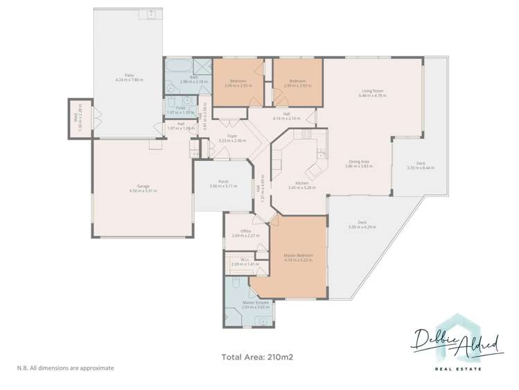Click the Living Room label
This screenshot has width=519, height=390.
click(373, 91)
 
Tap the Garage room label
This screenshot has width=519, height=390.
click(143, 186)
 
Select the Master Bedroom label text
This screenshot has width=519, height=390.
click(299, 255)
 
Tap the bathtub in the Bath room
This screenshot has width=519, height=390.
click(177, 67)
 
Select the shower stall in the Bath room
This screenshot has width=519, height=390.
click(202, 67)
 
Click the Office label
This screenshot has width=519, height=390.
click(245, 231)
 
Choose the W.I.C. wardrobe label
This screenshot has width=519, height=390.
click(237, 261)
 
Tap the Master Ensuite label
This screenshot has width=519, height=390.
click(249, 303)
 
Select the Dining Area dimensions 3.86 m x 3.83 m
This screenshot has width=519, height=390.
click(359, 167)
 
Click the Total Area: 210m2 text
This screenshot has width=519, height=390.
click(258, 357)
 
